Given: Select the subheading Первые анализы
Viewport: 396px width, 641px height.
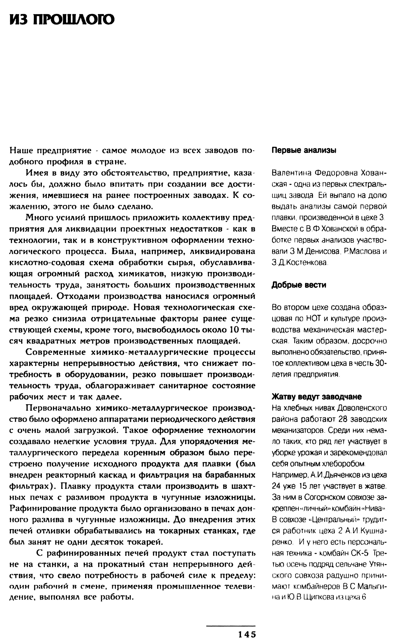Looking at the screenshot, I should coord(304,150).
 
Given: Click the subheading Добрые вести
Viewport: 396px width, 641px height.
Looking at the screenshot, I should coord(299,285).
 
